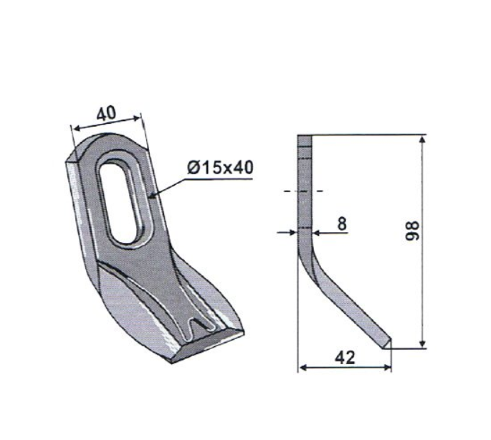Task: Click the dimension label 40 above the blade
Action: [106, 114]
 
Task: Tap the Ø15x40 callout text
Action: [220, 168]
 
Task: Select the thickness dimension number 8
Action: [342, 224]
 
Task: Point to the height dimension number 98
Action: [412, 231]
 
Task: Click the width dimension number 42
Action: [345, 358]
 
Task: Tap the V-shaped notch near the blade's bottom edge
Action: [196, 329]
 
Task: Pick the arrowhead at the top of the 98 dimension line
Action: [422, 140]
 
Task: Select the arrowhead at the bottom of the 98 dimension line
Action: [422, 343]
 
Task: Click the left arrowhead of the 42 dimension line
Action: [303, 368]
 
